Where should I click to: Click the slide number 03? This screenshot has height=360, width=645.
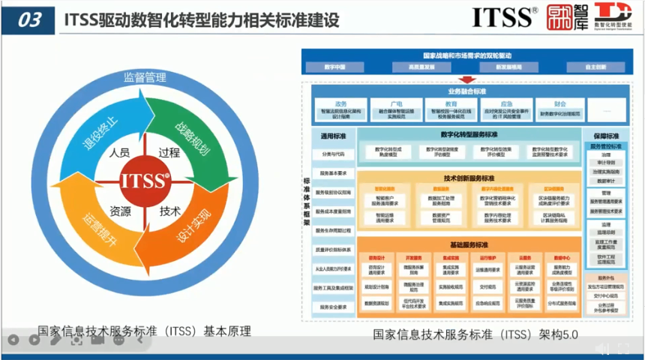[29, 20]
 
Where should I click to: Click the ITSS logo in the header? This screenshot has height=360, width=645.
[505, 18]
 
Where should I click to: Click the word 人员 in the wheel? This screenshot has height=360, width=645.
[119, 153]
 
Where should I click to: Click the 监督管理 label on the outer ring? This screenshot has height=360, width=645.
[145, 76]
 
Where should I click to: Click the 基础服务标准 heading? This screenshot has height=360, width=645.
[469, 245]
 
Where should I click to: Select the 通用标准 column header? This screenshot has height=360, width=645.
[333, 136]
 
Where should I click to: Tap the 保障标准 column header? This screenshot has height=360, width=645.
[607, 136]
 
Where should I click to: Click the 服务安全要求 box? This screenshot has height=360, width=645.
[333, 307]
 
